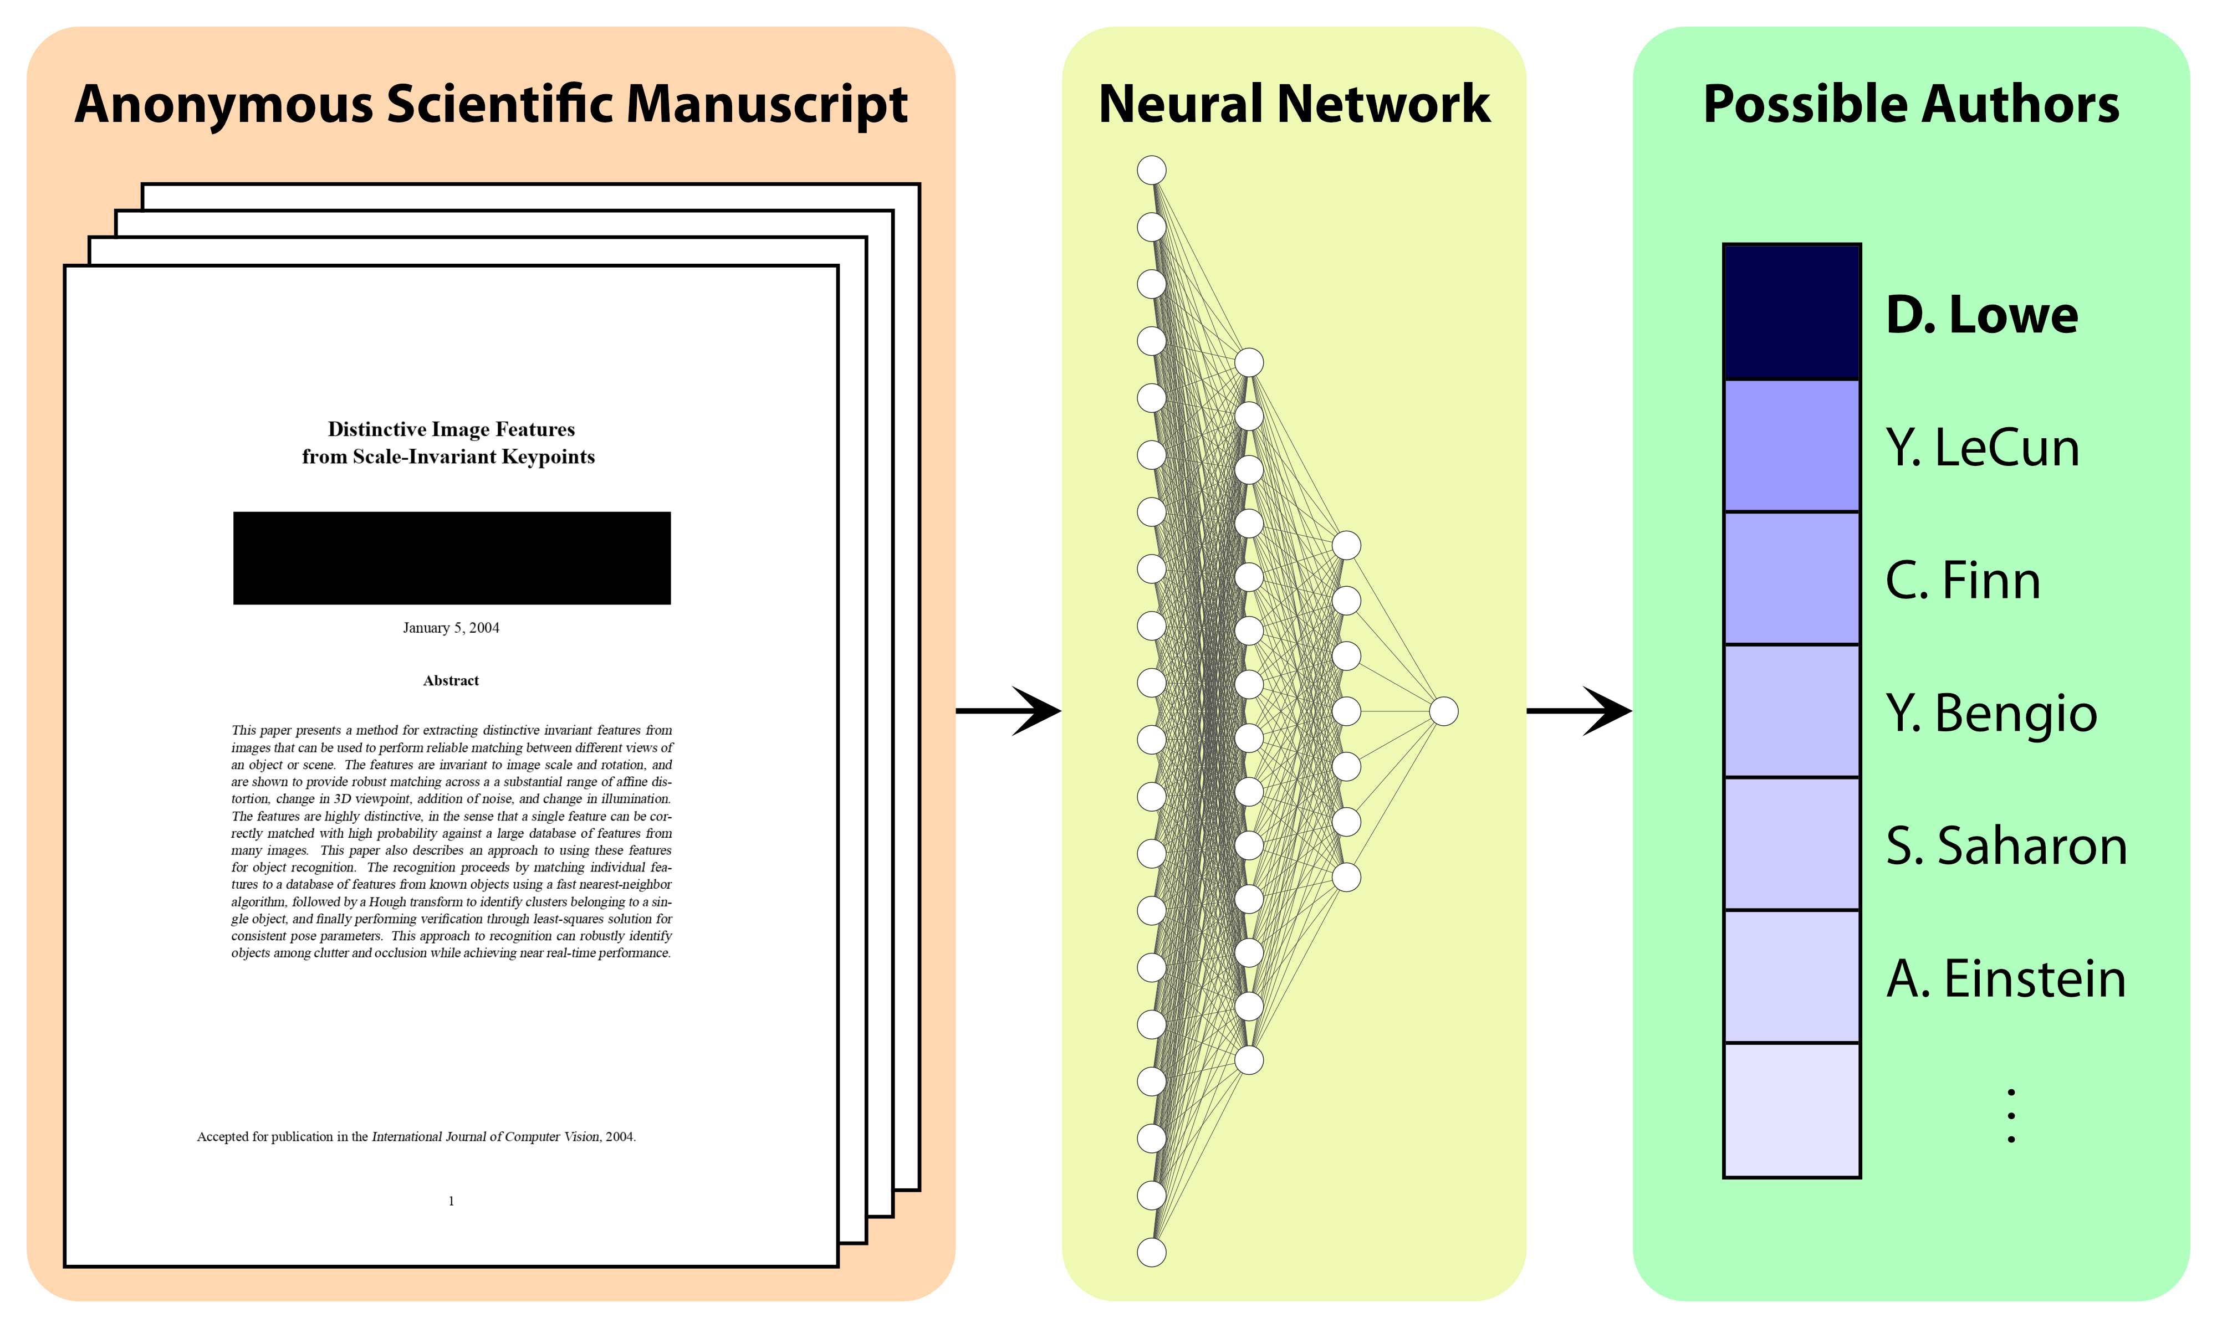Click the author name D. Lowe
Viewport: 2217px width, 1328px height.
coord(1981,315)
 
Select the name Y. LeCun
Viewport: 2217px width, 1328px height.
coord(1981,448)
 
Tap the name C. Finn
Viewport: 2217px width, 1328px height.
coord(1962,580)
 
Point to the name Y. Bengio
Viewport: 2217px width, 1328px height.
coord(1990,713)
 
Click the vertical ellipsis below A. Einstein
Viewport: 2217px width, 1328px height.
coord(2011,1115)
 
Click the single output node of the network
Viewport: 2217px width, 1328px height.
coord(1443,711)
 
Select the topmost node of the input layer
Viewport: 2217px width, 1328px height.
coord(1151,170)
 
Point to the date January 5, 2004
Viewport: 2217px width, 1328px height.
coord(451,627)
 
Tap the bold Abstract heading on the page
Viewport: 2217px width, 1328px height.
coord(451,680)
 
